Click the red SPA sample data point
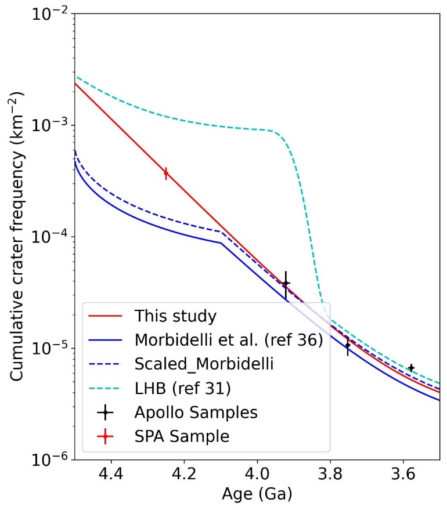[x=166, y=173]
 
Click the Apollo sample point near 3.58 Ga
[x=411, y=368]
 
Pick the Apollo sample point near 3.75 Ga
[x=348, y=345]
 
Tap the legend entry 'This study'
[x=175, y=316]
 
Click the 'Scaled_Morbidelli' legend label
[x=204, y=364]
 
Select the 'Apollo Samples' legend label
[x=196, y=413]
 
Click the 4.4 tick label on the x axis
[x=110, y=474]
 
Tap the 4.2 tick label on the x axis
[x=183, y=474]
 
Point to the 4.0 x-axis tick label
[x=257, y=474]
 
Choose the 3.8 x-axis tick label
[x=330, y=474]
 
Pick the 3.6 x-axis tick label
[x=403, y=474]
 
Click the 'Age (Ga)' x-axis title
[x=257, y=495]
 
